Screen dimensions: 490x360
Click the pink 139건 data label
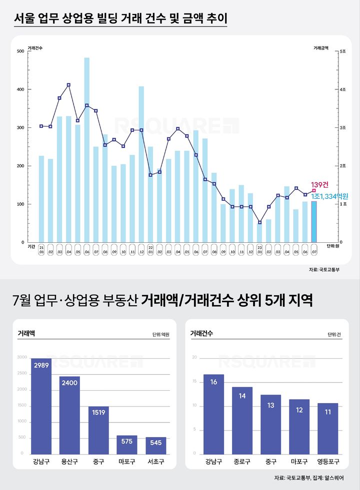point(319,185)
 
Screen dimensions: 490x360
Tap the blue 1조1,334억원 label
point(329,197)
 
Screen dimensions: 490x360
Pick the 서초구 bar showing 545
point(156,445)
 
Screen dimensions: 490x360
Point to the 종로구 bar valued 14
point(242,420)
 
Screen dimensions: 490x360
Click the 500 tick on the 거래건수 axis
point(20,51)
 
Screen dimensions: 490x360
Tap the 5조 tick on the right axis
point(342,51)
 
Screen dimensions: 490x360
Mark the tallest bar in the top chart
point(87,150)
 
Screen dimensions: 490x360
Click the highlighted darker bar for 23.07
point(314,222)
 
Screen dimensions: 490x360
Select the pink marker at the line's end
point(314,190)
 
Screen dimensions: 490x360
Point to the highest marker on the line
point(68,85)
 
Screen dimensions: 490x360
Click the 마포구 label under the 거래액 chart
point(127,463)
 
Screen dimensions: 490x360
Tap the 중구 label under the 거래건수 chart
point(270,463)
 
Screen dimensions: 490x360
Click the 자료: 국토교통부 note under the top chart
point(324,270)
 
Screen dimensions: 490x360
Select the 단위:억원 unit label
point(161,334)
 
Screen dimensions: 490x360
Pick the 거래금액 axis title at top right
point(321,48)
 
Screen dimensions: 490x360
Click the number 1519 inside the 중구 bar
point(98,413)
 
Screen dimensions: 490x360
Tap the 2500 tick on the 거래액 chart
point(22,373)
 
